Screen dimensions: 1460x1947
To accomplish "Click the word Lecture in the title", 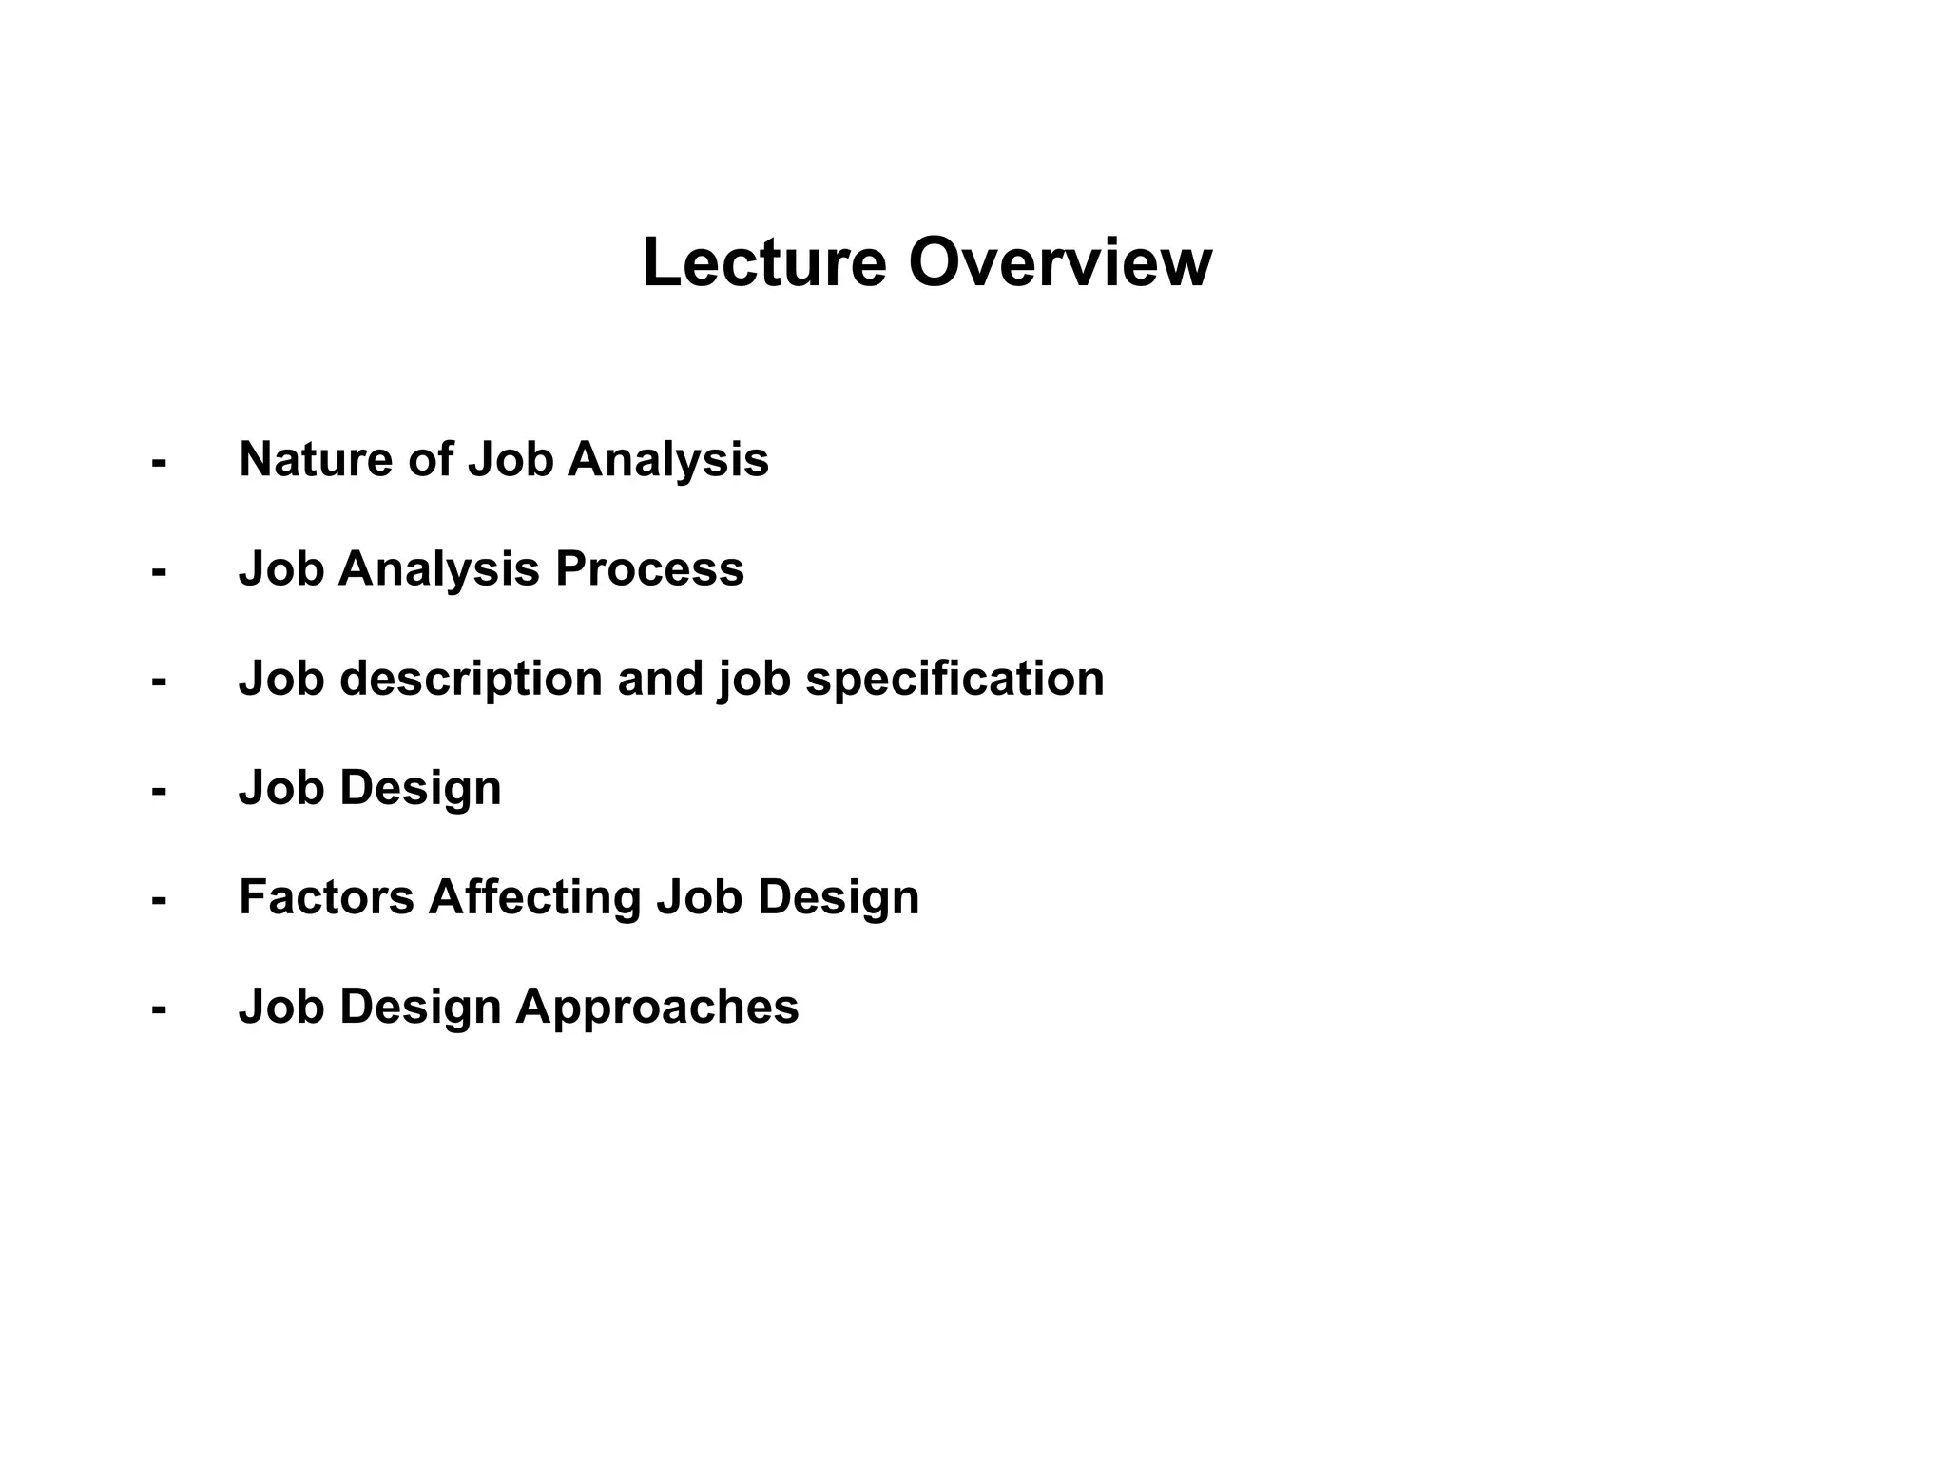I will click(764, 262).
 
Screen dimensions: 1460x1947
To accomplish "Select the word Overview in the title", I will click(1060, 262).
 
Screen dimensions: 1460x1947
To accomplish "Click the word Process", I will click(649, 569).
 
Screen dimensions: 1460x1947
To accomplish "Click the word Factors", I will click(326, 897).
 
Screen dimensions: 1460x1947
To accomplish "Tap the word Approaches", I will click(657, 1007).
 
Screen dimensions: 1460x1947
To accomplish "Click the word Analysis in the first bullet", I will click(667, 461).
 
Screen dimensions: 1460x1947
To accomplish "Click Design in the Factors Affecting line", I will click(838, 898).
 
